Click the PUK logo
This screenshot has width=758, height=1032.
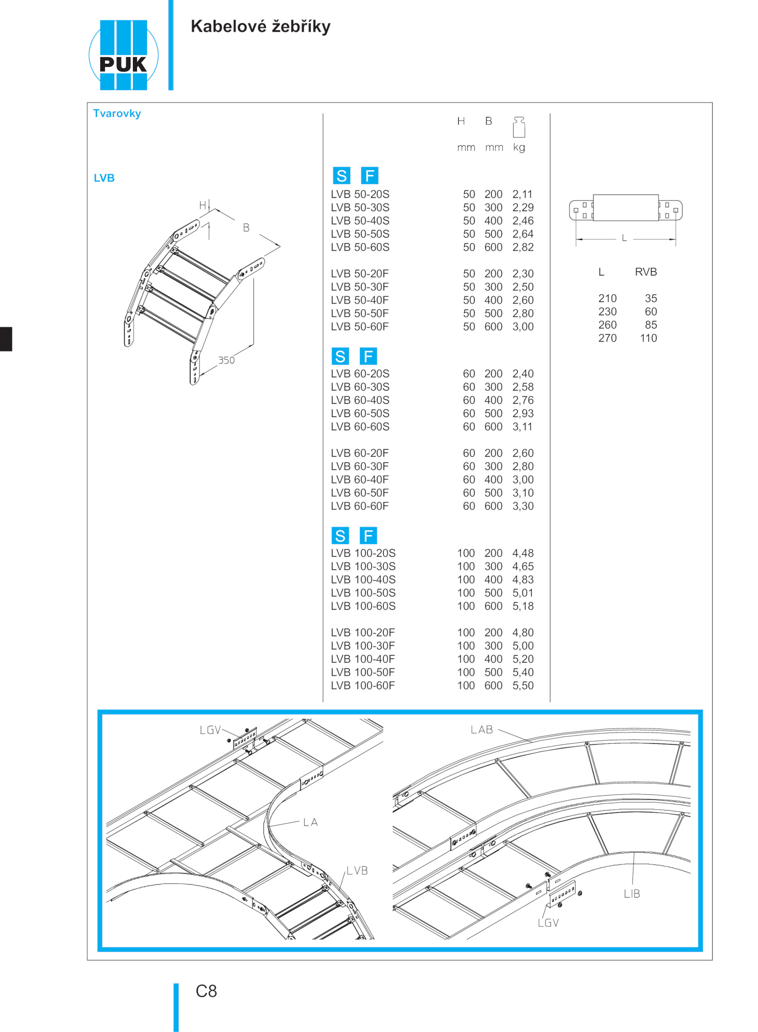(123, 55)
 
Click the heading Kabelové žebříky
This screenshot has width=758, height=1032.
(261, 27)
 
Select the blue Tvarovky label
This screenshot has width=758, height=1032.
(117, 114)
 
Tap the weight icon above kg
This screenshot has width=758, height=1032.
(519, 127)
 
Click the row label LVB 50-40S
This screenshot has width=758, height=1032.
(360, 221)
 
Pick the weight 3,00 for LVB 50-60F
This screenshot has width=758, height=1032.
(523, 327)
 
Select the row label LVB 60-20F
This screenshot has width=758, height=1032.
(360, 453)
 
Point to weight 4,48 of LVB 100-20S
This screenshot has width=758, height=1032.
(523, 553)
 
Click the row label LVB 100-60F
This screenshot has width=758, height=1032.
(363, 685)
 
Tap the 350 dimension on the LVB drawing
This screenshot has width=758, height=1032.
(226, 360)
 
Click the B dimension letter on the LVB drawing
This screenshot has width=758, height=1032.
(246, 228)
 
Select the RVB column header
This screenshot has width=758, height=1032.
(646, 272)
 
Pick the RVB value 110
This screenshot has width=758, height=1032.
(649, 338)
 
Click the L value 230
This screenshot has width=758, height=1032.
(607, 311)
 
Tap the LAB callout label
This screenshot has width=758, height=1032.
(482, 730)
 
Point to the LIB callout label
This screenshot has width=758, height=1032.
(632, 894)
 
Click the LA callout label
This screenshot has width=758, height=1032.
(310, 822)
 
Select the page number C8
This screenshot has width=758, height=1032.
(207, 991)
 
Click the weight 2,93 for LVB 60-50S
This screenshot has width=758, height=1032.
(523, 413)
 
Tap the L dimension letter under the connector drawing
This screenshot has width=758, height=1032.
(624, 238)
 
